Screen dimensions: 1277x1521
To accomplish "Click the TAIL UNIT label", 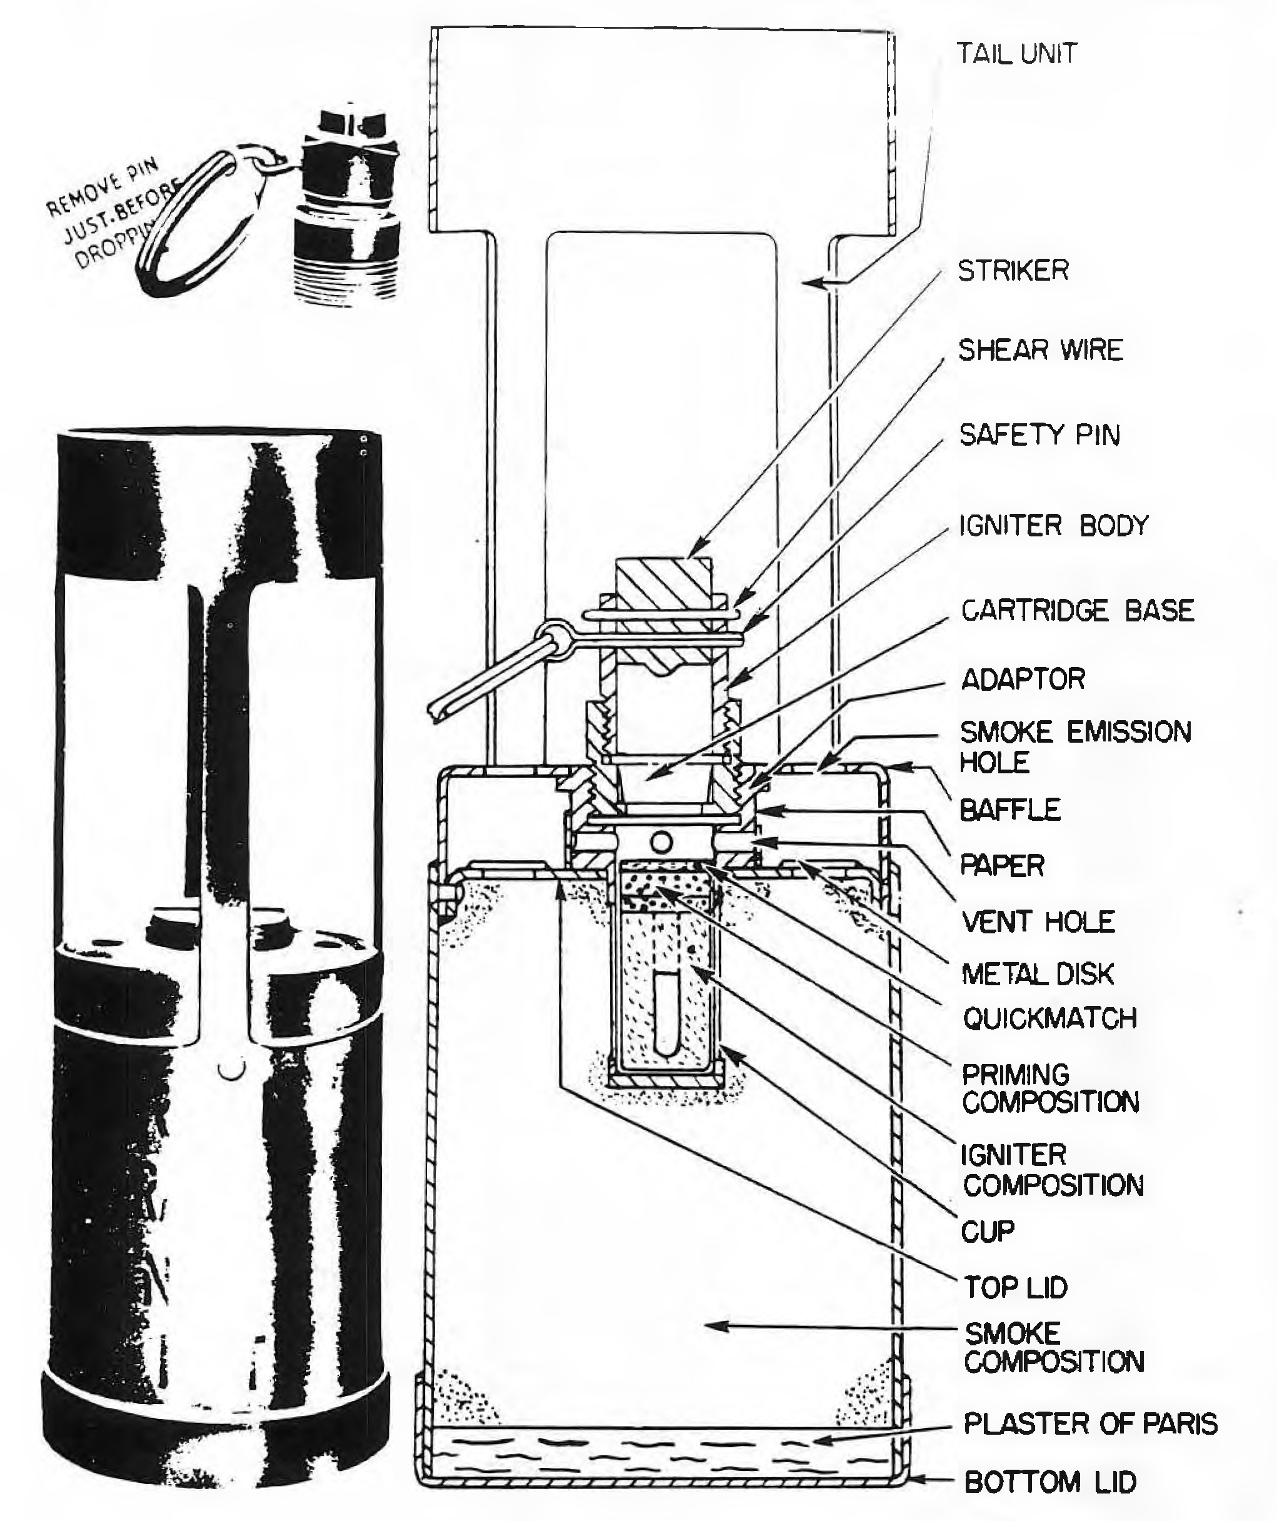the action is pyautogui.click(x=1017, y=54).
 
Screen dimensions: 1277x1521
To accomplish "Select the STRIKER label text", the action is pyautogui.click(x=1013, y=271).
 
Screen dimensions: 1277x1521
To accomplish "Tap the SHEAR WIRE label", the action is pyautogui.click(x=1040, y=350).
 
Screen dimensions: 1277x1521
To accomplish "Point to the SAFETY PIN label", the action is pyautogui.click(x=1039, y=434).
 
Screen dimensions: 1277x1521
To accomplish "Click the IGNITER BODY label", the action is pyautogui.click(x=1054, y=525).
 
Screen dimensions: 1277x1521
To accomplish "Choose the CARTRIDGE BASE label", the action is pyautogui.click(x=1077, y=610).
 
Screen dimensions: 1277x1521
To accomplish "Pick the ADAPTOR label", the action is pyautogui.click(x=1023, y=679).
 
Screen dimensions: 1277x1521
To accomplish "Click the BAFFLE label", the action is pyautogui.click(x=1009, y=809).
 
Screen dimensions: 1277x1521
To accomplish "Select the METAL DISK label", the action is pyautogui.click(x=1037, y=973).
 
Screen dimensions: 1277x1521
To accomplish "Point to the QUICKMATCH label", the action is pyautogui.click(x=1049, y=1018).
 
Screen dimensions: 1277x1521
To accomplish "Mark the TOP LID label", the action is pyautogui.click(x=1016, y=1287).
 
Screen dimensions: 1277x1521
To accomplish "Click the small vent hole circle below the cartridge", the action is pyautogui.click(x=660, y=841).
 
